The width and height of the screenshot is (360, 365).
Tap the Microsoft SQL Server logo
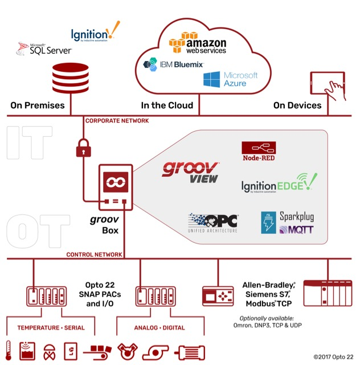pyautogui.click(x=44, y=49)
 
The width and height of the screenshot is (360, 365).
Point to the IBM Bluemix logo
pyautogui.click(x=173, y=64)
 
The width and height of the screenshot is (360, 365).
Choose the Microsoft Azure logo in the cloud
pyautogui.click(x=231, y=79)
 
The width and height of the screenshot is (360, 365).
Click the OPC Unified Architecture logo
pyautogui.click(x=212, y=223)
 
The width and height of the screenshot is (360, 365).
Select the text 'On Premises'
pyautogui.click(x=38, y=106)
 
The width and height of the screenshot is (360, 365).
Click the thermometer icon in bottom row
pyautogui.click(x=9, y=349)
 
